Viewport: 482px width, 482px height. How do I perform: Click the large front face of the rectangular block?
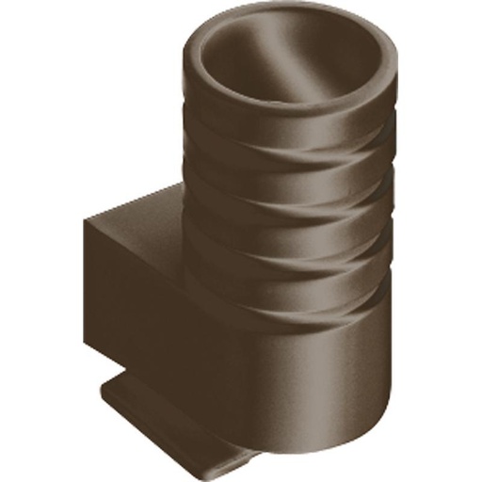pyautogui.click(x=141, y=301)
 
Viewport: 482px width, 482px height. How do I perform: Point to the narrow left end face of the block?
pyautogui.click(x=90, y=282)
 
